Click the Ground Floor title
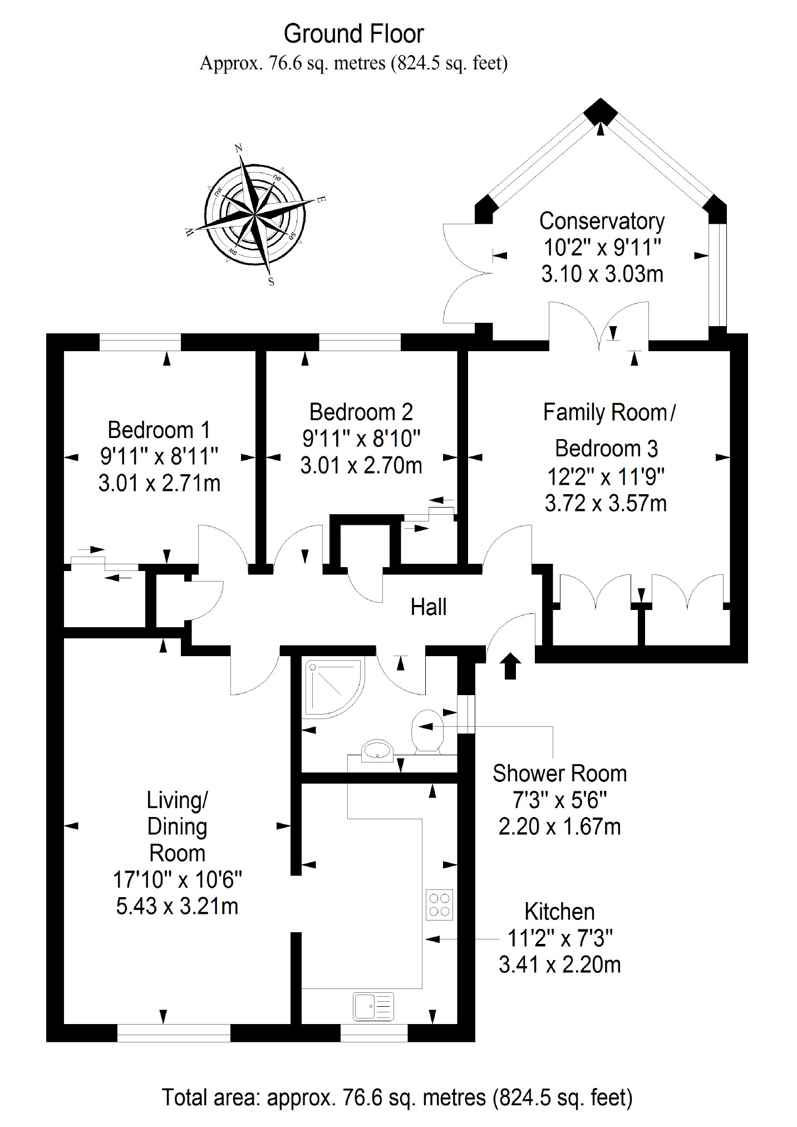353,35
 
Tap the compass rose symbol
255,214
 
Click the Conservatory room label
602,222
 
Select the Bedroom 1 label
159,430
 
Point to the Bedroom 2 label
361,412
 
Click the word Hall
429,607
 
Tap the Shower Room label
559,774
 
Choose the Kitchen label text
559,912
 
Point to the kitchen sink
373,1006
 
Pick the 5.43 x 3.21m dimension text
177,906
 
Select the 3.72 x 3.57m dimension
606,503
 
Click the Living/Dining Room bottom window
174,1034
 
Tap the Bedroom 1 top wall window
140,342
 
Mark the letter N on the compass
239,148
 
